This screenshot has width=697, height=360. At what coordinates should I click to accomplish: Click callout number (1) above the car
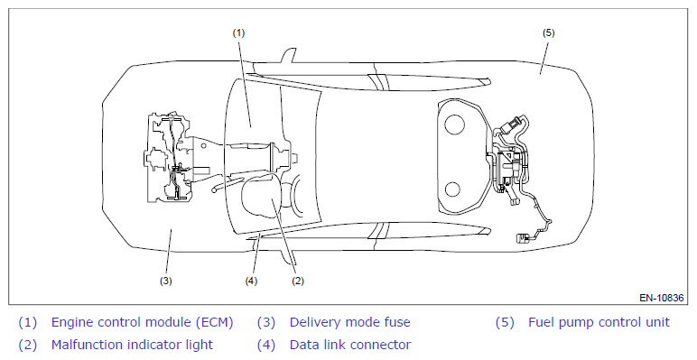[x=238, y=32]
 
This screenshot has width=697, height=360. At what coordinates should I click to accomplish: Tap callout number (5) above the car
[x=549, y=32]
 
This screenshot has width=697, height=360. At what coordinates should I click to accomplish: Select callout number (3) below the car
[x=166, y=281]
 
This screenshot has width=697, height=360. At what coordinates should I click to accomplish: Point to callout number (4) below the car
[x=251, y=281]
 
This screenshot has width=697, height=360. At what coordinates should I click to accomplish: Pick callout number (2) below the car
[x=297, y=281]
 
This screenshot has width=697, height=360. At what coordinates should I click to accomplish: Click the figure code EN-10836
[x=662, y=298]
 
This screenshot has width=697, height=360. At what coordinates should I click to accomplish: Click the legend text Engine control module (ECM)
[x=143, y=322]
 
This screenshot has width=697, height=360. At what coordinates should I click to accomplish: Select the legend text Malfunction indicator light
[x=132, y=345]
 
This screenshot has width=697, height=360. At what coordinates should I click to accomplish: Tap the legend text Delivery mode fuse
[x=349, y=322]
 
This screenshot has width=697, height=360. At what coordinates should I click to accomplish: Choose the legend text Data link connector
[x=350, y=345]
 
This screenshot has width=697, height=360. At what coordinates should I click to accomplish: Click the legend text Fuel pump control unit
[x=599, y=322]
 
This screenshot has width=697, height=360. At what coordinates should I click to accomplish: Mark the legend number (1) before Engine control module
[x=28, y=322]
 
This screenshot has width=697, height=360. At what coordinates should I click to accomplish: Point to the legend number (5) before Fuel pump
[x=505, y=322]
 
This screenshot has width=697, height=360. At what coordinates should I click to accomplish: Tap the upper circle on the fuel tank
[x=454, y=125]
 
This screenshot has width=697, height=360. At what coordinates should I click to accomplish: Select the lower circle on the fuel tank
[x=452, y=189]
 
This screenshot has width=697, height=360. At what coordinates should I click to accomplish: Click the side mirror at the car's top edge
[x=288, y=56]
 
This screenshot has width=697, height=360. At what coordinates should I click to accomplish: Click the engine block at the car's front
[x=169, y=158]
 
